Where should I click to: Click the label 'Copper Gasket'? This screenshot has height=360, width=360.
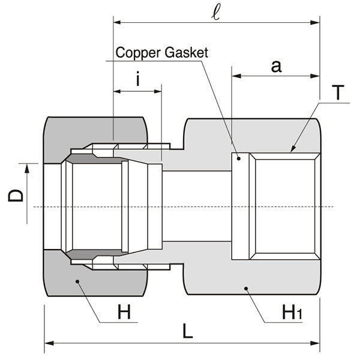point(162,53)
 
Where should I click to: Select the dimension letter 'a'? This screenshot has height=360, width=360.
point(275,67)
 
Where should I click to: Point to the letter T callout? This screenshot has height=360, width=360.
point(338,93)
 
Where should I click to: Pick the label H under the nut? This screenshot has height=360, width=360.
point(124,311)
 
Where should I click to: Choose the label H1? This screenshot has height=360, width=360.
point(292,311)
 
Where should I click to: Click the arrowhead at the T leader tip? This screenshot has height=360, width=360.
point(292,149)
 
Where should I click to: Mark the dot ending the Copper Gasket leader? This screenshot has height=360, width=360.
point(238,158)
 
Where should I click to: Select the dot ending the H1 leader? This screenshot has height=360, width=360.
point(245,289)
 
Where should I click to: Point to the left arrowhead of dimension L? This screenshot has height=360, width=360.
point(48,344)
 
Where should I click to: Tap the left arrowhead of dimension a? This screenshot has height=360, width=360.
point(236,76)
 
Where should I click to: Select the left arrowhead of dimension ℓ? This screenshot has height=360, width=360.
point(117,23)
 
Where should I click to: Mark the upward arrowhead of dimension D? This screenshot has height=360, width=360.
point(27,168)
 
